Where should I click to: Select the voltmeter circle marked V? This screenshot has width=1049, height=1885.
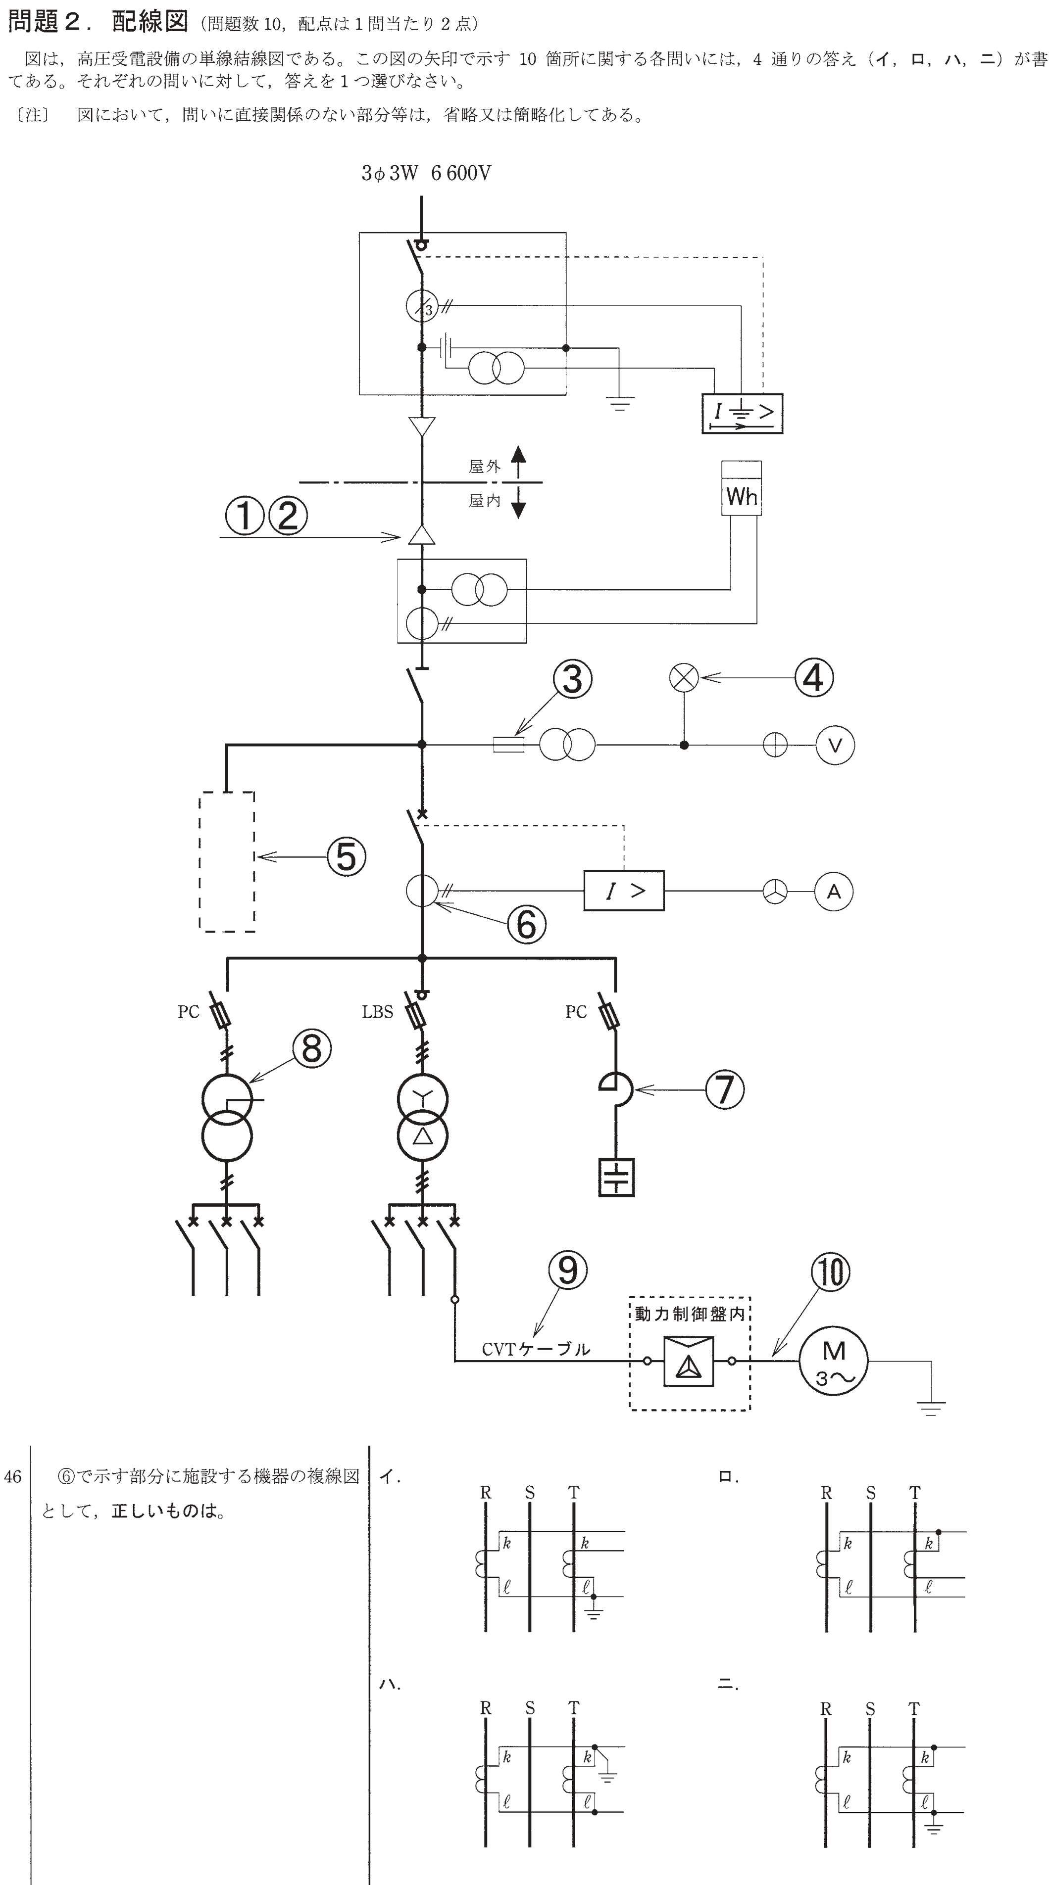coord(835,745)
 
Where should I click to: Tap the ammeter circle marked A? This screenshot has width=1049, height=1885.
coord(833,891)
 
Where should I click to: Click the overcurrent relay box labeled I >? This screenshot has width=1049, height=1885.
coord(624,891)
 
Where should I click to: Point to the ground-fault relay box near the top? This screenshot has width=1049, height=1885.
coord(742,414)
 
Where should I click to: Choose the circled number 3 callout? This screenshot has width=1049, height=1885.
coord(572,679)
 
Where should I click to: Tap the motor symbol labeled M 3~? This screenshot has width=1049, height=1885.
coord(833,1361)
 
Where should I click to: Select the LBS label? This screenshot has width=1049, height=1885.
coord(377,1012)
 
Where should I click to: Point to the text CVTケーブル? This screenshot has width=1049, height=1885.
coord(536,1349)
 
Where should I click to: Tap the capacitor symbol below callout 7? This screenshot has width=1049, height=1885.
coord(616,1177)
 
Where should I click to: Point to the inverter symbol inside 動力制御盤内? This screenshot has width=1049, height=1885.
coord(688,1361)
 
